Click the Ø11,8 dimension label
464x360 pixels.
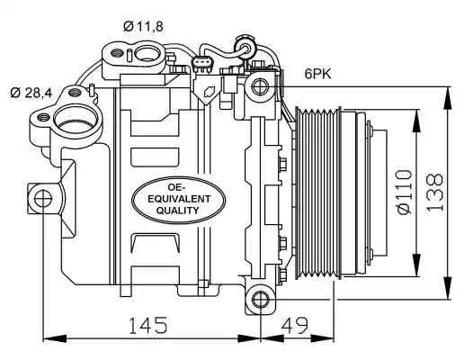click(143, 26)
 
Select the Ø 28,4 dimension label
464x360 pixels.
click(31, 93)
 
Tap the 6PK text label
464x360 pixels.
click(318, 74)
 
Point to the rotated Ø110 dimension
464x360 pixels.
click(405, 192)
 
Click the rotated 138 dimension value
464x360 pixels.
click(434, 192)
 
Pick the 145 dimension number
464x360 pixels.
click(147, 325)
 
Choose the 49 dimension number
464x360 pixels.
click(295, 325)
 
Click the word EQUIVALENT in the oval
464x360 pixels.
click(179, 199)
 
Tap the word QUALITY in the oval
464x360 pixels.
click(177, 211)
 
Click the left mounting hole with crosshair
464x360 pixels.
click(43, 198)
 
